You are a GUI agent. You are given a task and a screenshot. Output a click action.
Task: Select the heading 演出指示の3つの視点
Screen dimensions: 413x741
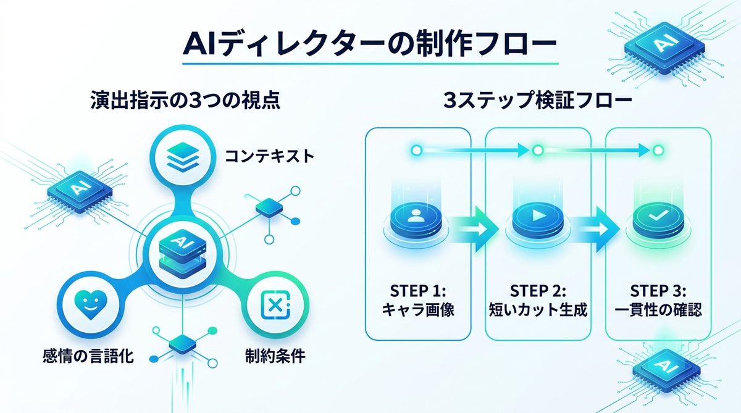(x=184, y=101)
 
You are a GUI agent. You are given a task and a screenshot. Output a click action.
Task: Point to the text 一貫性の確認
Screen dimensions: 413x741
(x=657, y=310)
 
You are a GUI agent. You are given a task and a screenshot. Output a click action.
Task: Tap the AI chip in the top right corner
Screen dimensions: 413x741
(x=664, y=45)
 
